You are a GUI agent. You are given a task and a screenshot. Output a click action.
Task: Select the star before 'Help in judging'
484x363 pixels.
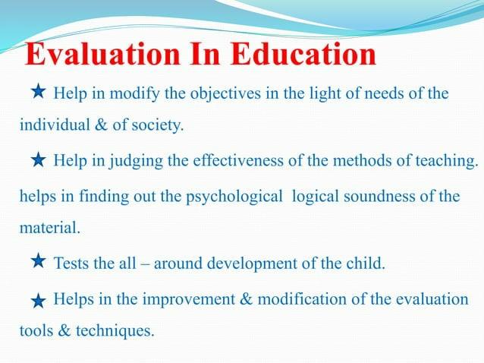(39, 160)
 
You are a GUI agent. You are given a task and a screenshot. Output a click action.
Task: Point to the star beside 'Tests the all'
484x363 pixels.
(39, 263)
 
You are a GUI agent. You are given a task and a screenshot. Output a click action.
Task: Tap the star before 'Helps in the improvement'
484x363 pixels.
(39, 301)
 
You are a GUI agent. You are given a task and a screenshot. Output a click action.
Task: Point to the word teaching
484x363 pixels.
(451, 160)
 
